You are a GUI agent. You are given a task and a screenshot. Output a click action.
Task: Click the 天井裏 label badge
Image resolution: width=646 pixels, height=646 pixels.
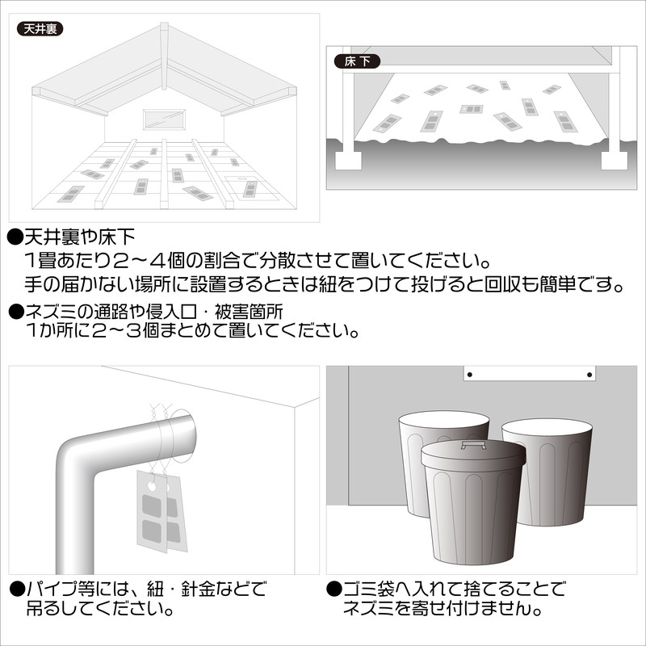[x=40, y=29]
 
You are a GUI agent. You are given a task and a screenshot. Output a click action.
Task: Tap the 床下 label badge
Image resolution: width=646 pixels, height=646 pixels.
[x=357, y=61]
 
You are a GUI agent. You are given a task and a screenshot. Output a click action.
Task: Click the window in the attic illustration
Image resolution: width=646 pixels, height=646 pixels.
[x=164, y=120]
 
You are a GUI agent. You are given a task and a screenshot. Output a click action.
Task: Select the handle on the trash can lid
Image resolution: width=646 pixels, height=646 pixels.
[x=473, y=445]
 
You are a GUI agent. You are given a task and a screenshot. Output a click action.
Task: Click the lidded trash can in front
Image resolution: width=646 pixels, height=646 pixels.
[x=473, y=502]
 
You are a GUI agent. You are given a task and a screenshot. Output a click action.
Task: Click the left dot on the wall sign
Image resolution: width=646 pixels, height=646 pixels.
[x=470, y=375]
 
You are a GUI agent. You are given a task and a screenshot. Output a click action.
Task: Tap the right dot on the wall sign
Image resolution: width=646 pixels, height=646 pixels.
[x=589, y=375]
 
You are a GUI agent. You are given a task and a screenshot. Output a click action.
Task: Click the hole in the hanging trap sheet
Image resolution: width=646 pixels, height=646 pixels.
[x=152, y=487]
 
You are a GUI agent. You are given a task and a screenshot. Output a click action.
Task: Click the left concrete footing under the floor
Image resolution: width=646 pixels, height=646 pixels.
[x=348, y=160]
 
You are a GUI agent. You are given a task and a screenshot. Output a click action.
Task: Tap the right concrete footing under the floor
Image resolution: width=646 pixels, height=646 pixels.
[x=615, y=160]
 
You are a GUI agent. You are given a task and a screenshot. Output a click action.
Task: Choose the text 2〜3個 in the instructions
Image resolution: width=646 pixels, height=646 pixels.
[x=124, y=331]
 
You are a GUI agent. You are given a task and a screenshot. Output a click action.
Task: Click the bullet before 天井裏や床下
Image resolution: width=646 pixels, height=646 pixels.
[x=15, y=237]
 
